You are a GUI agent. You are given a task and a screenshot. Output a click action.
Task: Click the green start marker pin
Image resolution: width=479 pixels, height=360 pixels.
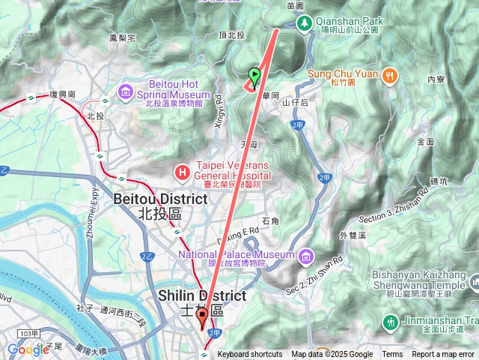pyautogui.click(x=254, y=76)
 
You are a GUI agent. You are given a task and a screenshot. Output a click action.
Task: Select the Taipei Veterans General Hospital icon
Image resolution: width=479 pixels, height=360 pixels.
pyautogui.click(x=181, y=172)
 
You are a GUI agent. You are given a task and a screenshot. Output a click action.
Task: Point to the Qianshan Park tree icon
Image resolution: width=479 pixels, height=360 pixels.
pyautogui.click(x=305, y=22)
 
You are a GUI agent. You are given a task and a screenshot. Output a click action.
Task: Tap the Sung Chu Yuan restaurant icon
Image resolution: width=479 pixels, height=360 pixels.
pyautogui.click(x=389, y=75)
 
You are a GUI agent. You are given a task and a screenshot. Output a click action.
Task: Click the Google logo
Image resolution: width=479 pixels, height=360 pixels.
pyautogui.click(x=28, y=349)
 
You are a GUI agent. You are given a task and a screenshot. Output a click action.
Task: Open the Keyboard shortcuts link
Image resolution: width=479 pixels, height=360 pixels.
pyautogui.click(x=250, y=355)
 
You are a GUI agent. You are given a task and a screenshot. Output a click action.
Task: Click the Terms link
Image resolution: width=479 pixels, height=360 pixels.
pyautogui.click(x=392, y=355)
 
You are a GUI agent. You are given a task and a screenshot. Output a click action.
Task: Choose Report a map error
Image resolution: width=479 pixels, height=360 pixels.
pyautogui.click(x=443, y=355)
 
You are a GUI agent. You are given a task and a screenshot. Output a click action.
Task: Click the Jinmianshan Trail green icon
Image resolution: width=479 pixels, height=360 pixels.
pyautogui.click(x=390, y=322)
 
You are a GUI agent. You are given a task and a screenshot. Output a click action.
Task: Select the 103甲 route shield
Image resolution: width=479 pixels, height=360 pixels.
pyautogui.click(x=29, y=332)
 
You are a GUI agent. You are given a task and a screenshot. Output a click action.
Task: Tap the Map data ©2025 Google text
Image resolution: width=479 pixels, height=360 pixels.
pyautogui.click(x=332, y=355)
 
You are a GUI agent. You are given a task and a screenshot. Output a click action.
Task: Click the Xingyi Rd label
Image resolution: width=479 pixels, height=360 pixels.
pyautogui.click(x=219, y=112)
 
